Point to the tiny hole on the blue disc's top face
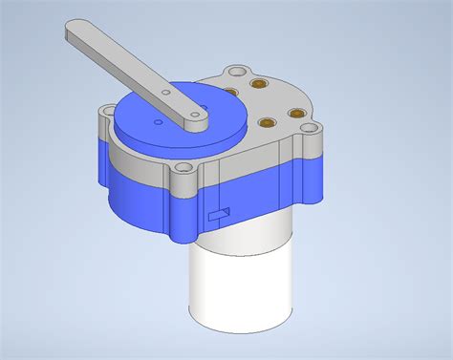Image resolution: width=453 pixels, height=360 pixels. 156,124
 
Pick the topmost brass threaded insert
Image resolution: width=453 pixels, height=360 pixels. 256,86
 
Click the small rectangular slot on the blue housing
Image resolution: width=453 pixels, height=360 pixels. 219,213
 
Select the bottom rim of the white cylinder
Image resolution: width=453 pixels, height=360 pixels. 239,329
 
